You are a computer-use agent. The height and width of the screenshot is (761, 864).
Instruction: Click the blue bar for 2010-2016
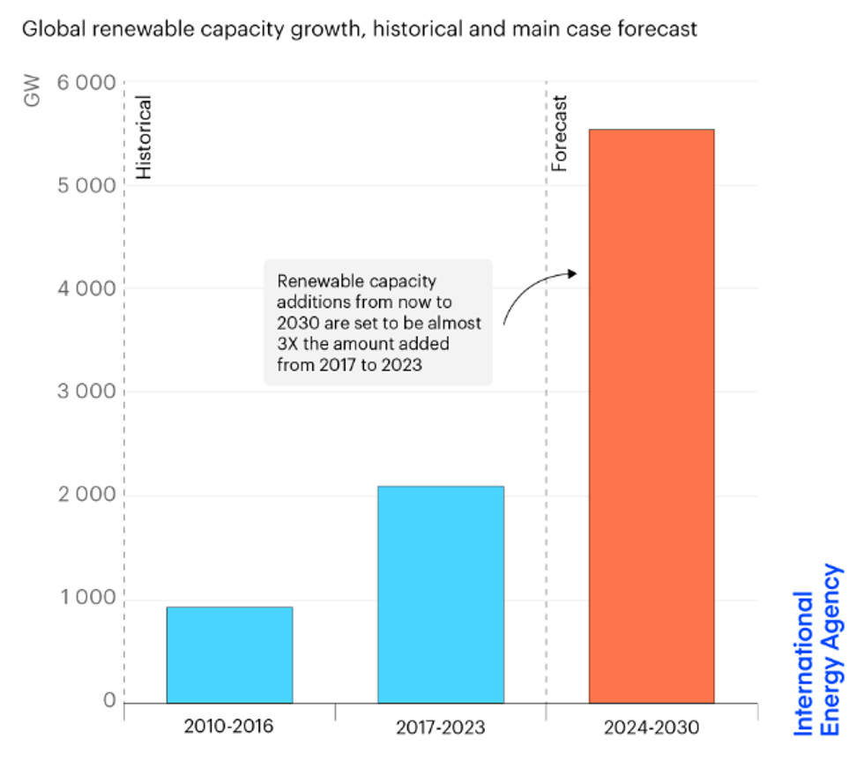tap(229, 654)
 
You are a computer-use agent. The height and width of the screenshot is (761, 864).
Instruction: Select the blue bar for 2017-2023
tap(441, 594)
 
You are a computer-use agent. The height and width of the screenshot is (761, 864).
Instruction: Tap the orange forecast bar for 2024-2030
tap(652, 415)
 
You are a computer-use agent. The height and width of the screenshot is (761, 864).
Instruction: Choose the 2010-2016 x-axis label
tap(229, 727)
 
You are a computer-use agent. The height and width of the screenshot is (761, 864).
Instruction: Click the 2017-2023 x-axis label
tap(441, 728)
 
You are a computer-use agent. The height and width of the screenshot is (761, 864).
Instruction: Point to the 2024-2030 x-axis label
tap(652, 728)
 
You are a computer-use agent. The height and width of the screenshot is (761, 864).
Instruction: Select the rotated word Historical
tap(144, 138)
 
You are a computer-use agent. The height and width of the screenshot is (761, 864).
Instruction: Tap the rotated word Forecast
tap(559, 133)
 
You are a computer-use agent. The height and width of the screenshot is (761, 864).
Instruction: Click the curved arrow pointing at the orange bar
tap(533, 291)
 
